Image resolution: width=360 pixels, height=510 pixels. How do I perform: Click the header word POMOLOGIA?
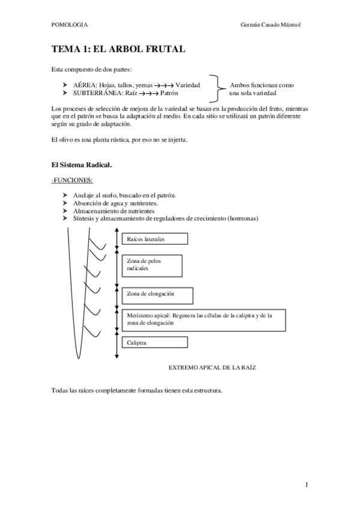(x=70, y=25)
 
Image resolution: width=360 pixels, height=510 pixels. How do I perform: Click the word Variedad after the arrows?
(x=188, y=85)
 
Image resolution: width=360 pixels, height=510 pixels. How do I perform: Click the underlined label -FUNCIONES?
(x=72, y=180)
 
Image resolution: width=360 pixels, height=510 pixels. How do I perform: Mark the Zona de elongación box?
(x=157, y=295)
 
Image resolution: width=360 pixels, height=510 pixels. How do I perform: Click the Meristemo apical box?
(x=203, y=318)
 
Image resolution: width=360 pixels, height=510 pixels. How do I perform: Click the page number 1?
(x=307, y=484)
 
